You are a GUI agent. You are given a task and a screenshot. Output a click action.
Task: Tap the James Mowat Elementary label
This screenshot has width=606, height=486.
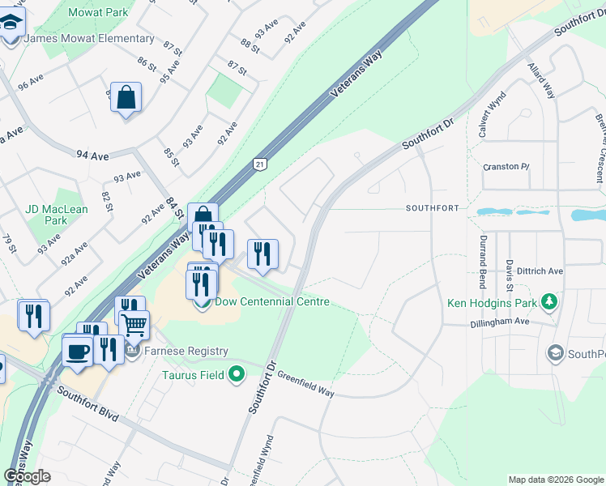(89, 38)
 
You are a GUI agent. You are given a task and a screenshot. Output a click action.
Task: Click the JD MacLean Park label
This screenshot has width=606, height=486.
(57, 215)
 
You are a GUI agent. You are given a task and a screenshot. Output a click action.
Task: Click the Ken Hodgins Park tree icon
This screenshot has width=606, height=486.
(550, 302)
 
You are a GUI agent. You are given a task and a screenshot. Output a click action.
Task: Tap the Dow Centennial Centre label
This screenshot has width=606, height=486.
(272, 302)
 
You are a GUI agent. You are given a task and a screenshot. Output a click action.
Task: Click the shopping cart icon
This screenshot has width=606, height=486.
(134, 324)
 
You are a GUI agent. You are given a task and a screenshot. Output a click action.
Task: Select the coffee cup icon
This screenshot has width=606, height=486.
(78, 352)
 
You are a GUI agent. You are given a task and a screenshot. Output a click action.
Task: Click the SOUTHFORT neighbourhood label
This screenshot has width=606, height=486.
(433, 208)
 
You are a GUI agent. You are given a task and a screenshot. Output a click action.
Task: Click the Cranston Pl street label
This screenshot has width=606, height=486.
(506, 167)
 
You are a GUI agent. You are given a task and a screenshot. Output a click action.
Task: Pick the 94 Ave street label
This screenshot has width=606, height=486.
(92, 155)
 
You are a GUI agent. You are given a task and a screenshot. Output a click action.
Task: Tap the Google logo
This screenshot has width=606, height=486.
(27, 476)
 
